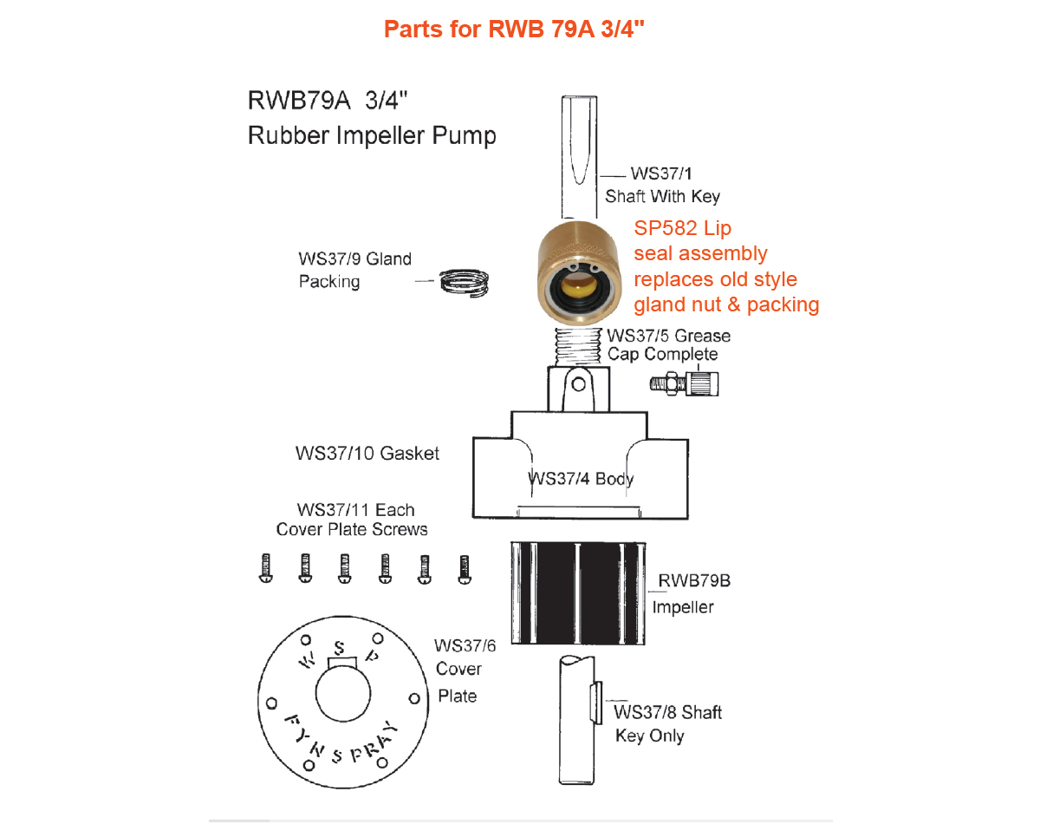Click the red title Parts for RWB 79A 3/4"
pyautogui.click(x=514, y=29)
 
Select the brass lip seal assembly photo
pyautogui.click(x=579, y=273)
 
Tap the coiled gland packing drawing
pyautogui.click(x=464, y=283)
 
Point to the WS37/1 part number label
pyautogui.click(x=660, y=173)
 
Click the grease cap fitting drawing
pyautogui.click(x=684, y=383)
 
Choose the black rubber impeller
pyautogui.click(x=578, y=593)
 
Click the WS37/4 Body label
pyautogui.click(x=580, y=479)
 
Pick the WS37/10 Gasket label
pyautogui.click(x=367, y=454)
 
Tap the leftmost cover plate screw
pyautogui.click(x=266, y=568)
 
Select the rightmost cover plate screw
pyautogui.click(x=465, y=569)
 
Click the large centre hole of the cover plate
pyautogui.click(x=343, y=693)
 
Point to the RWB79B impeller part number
pyautogui.click(x=694, y=580)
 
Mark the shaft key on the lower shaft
pyautogui.click(x=596, y=703)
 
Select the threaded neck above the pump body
pyautogui.click(x=577, y=347)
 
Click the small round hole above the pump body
pyautogui.click(x=578, y=384)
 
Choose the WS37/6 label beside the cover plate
pyautogui.click(x=465, y=645)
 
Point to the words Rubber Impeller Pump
pyautogui.click(x=372, y=135)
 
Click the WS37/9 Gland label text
pyautogui.click(x=354, y=258)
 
